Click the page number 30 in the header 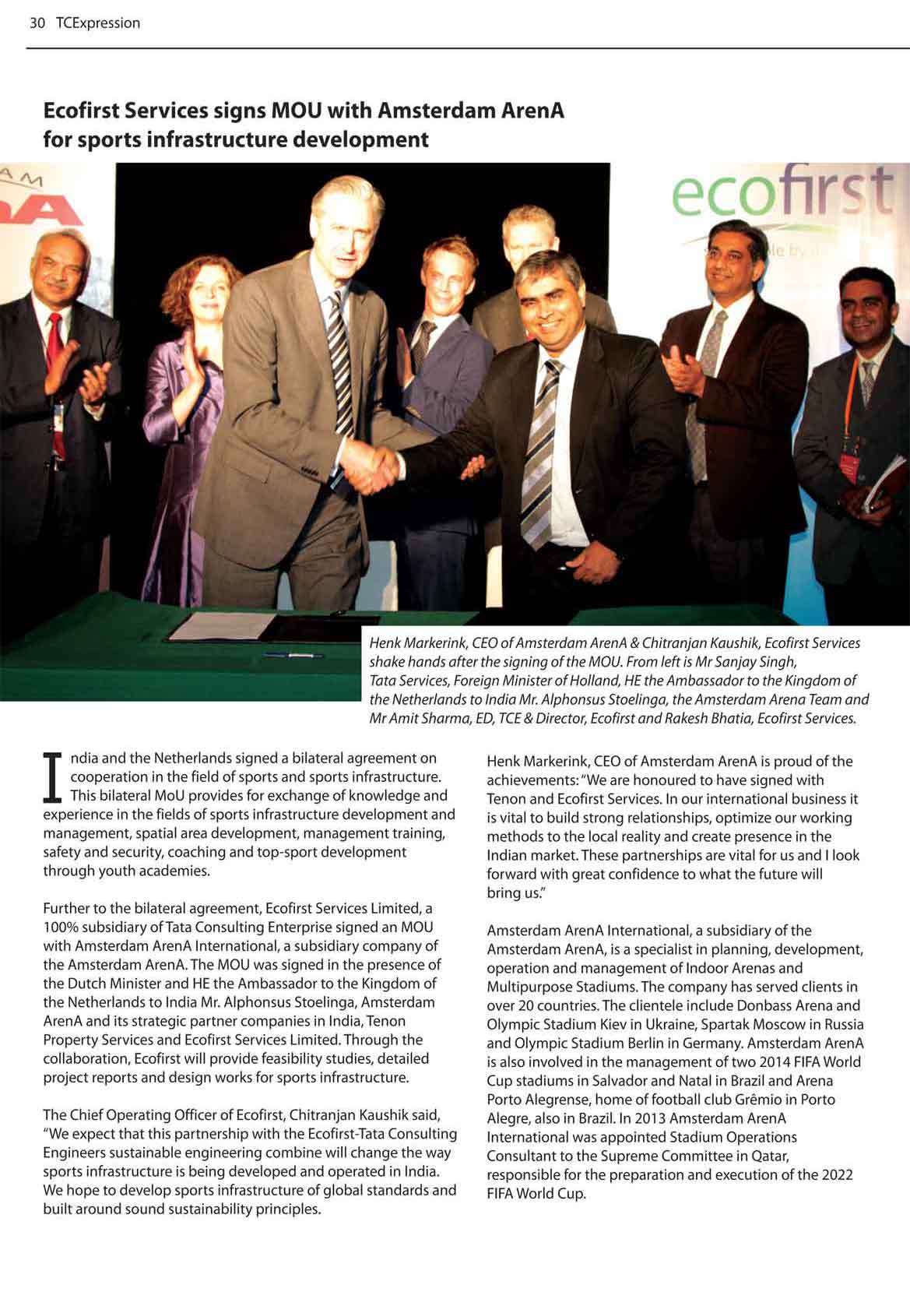pyautogui.click(x=37, y=23)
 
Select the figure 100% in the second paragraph pyautogui.click(x=59, y=927)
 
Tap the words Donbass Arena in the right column pyautogui.click(x=787, y=1005)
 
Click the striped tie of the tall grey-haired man pyautogui.click(x=340, y=366)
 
